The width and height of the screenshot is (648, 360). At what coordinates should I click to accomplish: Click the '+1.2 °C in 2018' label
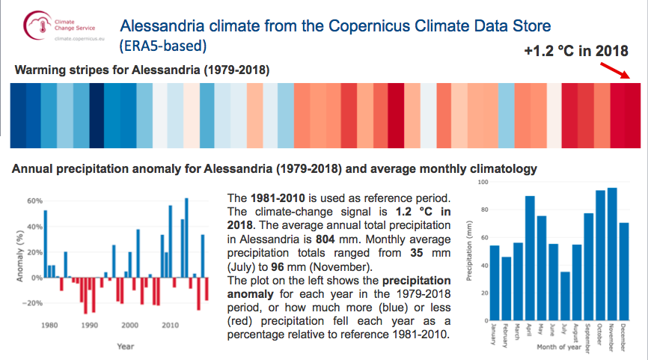point(575,51)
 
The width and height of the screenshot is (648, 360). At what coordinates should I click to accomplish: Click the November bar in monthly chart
point(612,253)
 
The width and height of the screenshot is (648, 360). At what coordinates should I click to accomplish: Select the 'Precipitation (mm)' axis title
point(469,249)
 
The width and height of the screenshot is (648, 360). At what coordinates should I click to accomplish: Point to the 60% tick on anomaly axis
point(27,201)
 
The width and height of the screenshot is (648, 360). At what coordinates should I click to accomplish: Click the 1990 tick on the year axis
point(89,326)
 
